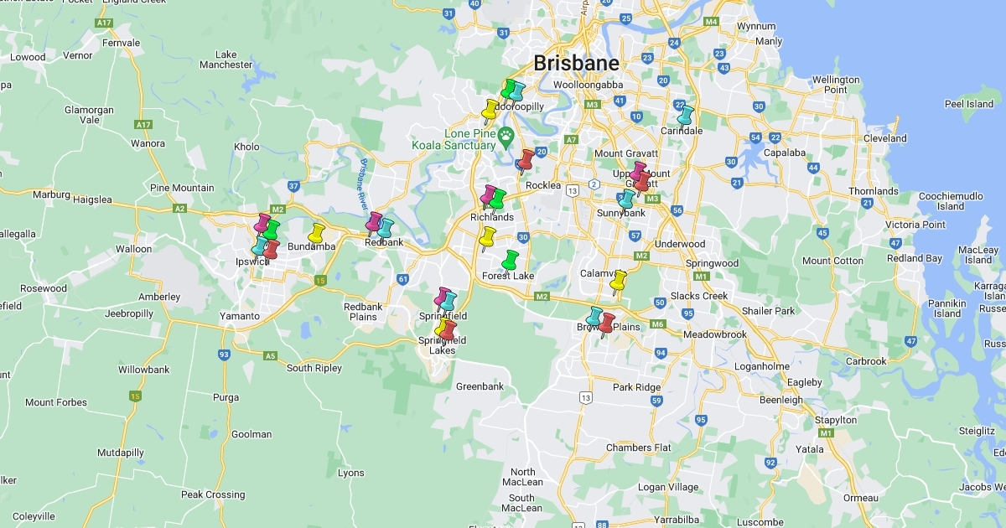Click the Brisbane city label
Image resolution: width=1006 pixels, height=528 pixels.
(576, 63)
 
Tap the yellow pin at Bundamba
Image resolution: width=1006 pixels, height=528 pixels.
(316, 233)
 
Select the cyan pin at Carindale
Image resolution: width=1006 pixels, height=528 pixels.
(686, 115)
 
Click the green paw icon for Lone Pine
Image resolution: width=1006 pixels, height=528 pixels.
(506, 134)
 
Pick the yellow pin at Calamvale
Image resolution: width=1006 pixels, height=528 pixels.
(618, 281)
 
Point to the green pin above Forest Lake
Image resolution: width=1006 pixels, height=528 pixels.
(510, 260)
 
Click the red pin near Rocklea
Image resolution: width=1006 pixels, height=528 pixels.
(526, 159)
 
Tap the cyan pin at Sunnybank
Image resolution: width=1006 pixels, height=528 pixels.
(626, 199)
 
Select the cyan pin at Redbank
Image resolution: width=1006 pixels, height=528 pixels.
(385, 228)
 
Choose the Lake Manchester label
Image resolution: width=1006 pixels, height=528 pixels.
(226, 60)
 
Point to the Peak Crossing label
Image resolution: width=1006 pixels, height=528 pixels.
(213, 494)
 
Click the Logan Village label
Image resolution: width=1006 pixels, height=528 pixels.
(667, 487)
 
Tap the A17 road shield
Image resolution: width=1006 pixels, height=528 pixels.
(143, 124)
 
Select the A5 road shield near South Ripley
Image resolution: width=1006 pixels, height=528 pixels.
(270, 355)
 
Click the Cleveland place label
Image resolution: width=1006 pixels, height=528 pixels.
(885, 138)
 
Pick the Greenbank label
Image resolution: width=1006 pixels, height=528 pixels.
(480, 386)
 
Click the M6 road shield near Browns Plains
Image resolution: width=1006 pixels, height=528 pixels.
(657, 324)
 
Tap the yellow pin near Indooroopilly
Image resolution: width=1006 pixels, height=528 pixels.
(490, 110)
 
